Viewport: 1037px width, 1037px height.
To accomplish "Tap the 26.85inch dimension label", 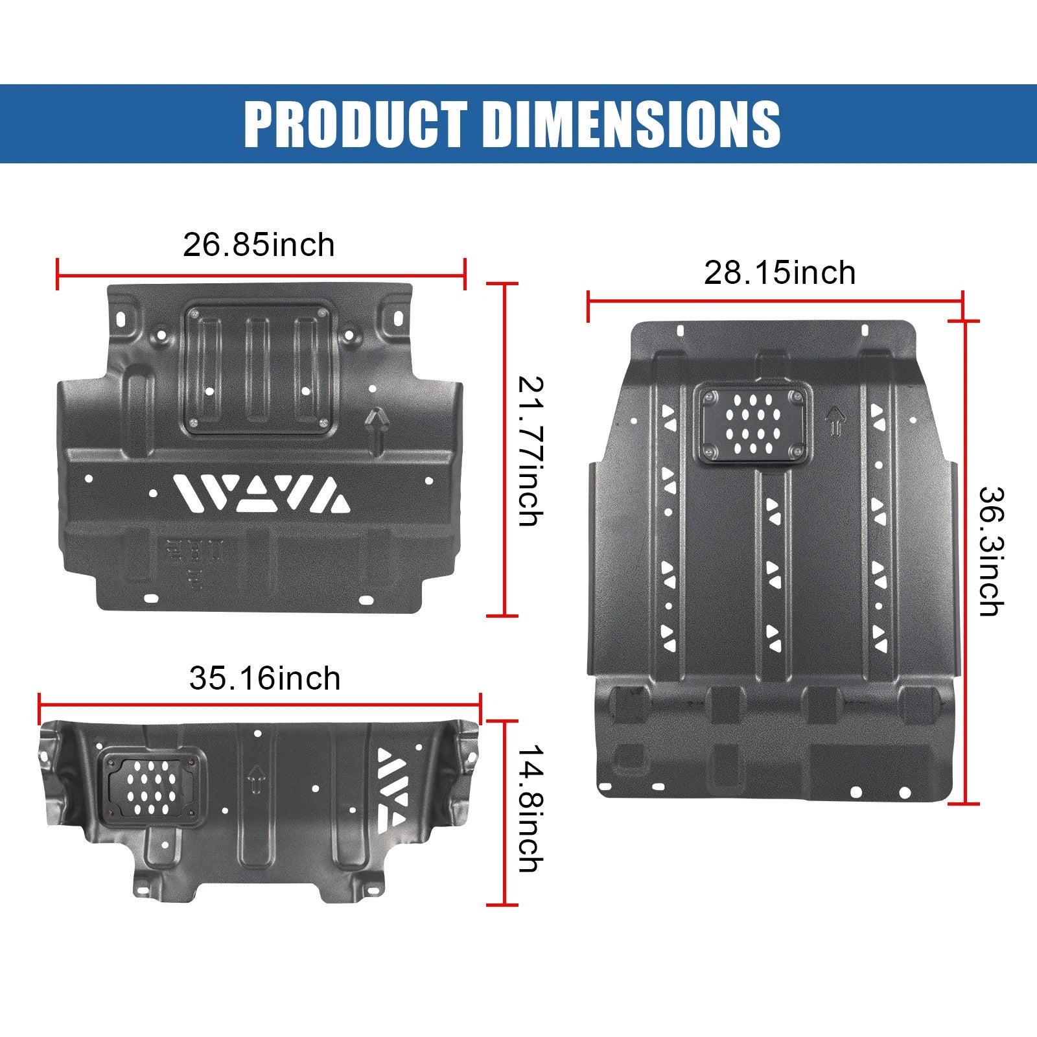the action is click(x=259, y=245).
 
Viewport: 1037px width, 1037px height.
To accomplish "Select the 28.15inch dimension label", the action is click(x=780, y=273).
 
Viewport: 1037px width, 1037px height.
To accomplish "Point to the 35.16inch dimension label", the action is click(x=264, y=679).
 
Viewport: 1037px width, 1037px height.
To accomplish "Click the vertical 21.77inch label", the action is click(x=529, y=451).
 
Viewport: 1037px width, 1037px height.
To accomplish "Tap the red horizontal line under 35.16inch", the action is click(x=260, y=705).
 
